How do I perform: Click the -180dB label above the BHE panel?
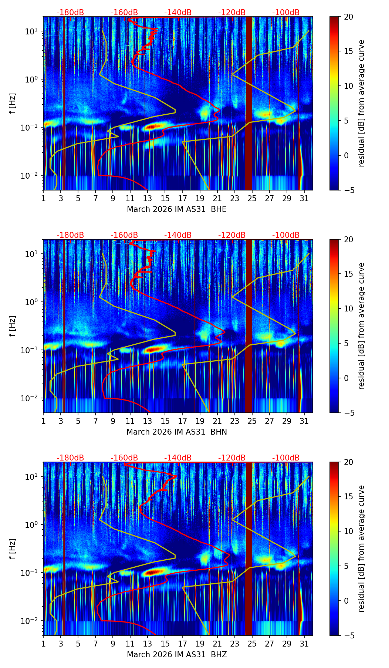[70, 13]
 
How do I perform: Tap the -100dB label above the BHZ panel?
[286, 458]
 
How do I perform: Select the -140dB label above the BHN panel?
[178, 235]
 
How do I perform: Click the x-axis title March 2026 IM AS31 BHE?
[176, 209]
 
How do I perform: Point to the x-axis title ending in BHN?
[176, 432]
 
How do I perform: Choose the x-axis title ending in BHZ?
[176, 655]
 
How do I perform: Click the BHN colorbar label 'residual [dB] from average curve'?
[361, 326]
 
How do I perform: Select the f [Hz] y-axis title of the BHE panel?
[13, 103]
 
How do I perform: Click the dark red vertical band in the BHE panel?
[248, 103]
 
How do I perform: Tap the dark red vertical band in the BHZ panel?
[248, 549]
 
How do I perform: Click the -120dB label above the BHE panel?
[232, 13]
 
